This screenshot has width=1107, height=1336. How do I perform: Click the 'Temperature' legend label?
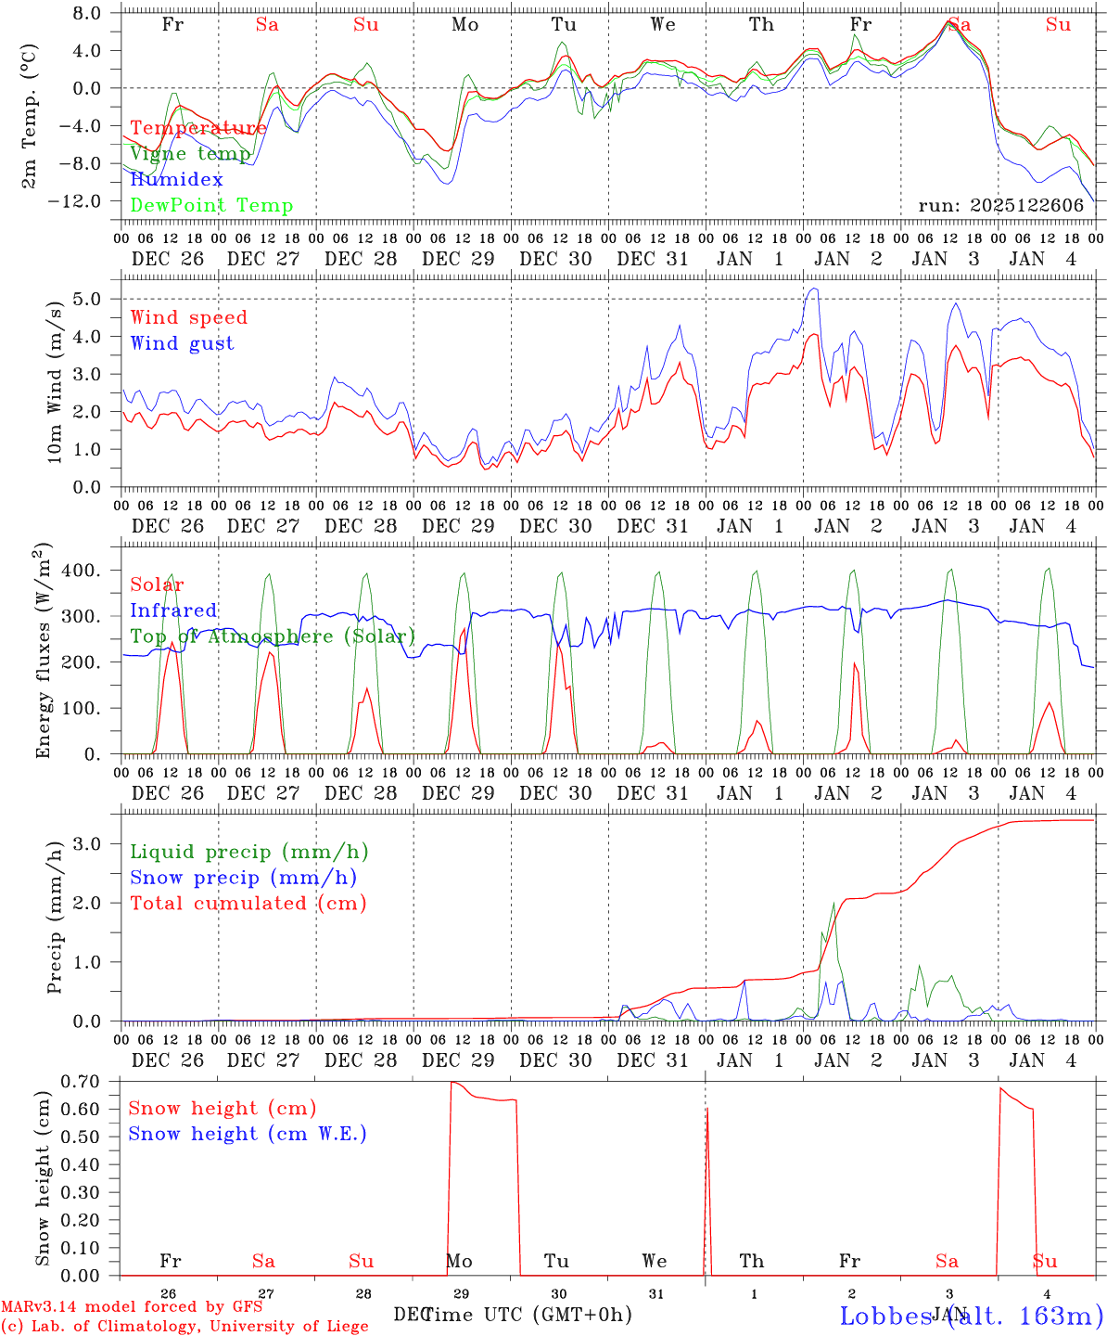click(198, 128)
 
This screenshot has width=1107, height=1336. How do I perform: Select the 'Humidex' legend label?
click(176, 180)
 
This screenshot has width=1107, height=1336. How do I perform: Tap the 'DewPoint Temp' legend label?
click(211, 206)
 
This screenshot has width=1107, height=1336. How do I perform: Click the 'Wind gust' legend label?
click(182, 343)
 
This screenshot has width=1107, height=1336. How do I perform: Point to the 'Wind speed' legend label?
click(189, 317)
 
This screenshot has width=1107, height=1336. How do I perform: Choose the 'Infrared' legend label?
click(173, 610)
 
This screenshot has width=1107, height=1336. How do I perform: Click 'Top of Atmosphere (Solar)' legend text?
click(273, 636)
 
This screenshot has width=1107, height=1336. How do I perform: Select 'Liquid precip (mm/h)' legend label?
click(249, 852)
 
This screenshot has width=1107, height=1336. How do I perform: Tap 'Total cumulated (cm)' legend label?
click(248, 904)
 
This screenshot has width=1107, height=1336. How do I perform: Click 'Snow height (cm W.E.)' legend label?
click(248, 1134)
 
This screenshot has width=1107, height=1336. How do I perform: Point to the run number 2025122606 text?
click(1001, 206)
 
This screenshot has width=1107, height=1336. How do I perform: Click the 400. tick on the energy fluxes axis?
click(80, 571)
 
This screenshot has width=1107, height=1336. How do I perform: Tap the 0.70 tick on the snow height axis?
click(80, 1081)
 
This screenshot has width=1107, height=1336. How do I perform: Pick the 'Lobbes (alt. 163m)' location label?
click(971, 1316)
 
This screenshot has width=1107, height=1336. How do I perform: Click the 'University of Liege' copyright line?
click(184, 1327)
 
